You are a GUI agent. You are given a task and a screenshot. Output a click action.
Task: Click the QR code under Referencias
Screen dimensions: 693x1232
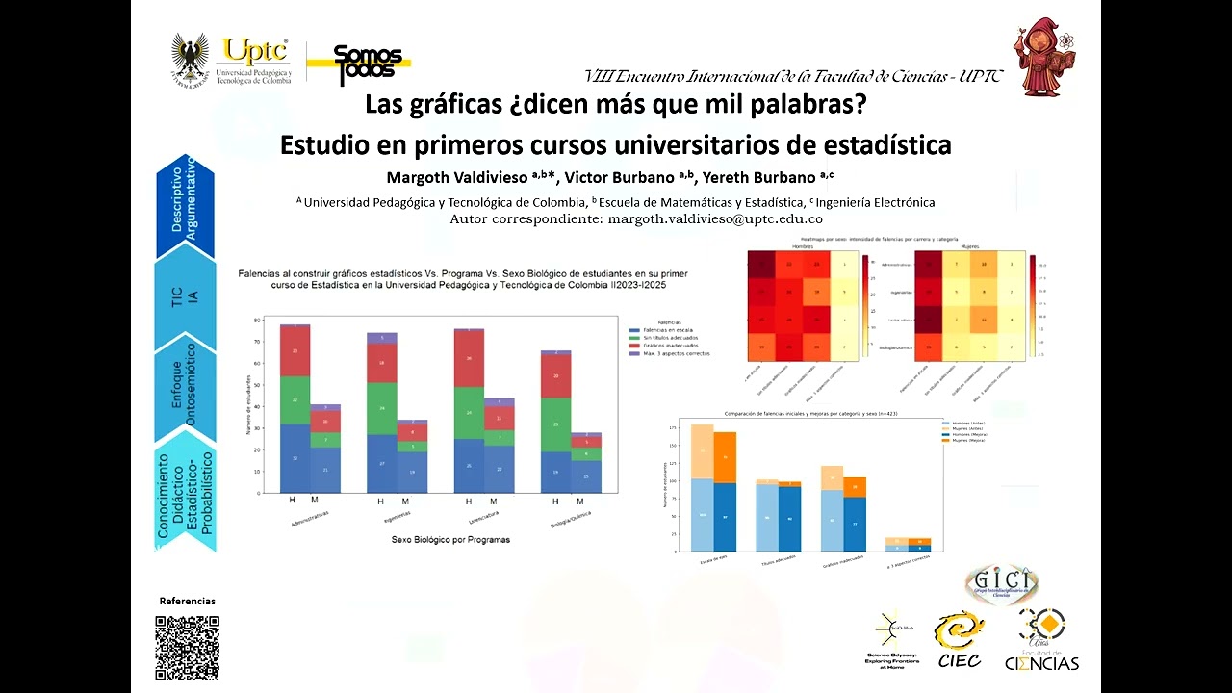pos(188,648)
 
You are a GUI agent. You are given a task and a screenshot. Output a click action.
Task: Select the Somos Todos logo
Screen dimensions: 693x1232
pos(368,63)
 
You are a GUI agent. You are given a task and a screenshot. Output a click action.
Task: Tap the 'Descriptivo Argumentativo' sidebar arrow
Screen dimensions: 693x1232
pos(185,204)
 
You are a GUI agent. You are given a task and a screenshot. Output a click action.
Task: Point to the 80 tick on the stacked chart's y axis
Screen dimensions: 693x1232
pos(257,320)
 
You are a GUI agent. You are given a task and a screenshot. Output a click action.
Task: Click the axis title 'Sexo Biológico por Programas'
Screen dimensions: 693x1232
pos(450,540)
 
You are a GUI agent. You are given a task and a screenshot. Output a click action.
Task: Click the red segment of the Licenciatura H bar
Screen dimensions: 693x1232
pos(469,358)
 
